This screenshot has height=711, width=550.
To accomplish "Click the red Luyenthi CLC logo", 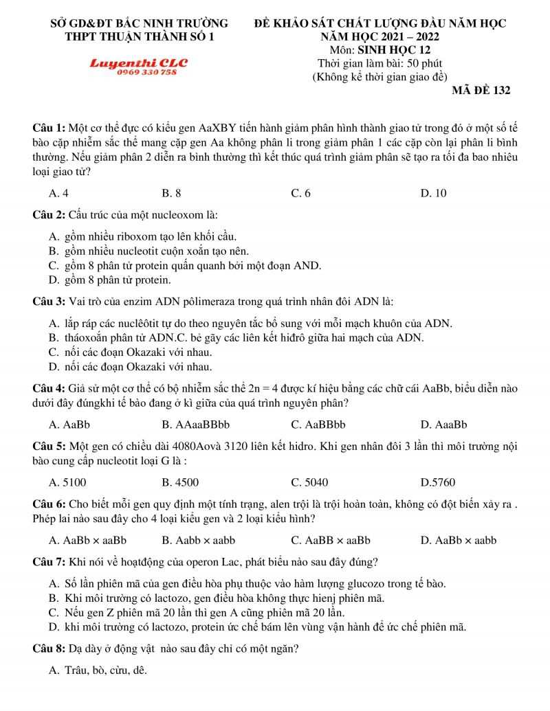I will (x=138, y=63).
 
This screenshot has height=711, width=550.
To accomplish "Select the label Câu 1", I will (x=49, y=128).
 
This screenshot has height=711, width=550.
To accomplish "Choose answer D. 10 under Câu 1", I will (x=433, y=193).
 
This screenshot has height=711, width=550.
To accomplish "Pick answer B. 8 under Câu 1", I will (x=171, y=193).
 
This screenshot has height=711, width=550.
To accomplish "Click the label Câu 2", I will (x=49, y=214).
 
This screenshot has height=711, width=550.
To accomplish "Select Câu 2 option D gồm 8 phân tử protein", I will (x=110, y=280).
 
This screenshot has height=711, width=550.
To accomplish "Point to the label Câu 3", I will (x=49, y=302).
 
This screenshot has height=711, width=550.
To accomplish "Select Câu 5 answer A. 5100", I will (x=67, y=482).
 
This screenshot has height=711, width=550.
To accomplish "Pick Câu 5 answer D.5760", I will (x=437, y=482).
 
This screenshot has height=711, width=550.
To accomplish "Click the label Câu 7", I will (x=49, y=562).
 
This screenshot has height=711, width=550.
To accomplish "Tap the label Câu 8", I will (x=49, y=648).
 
